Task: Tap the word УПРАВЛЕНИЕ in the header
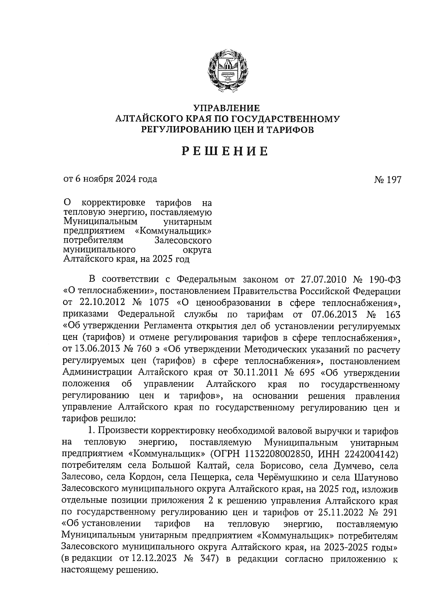click(x=226, y=108)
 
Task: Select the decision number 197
click(x=393, y=179)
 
